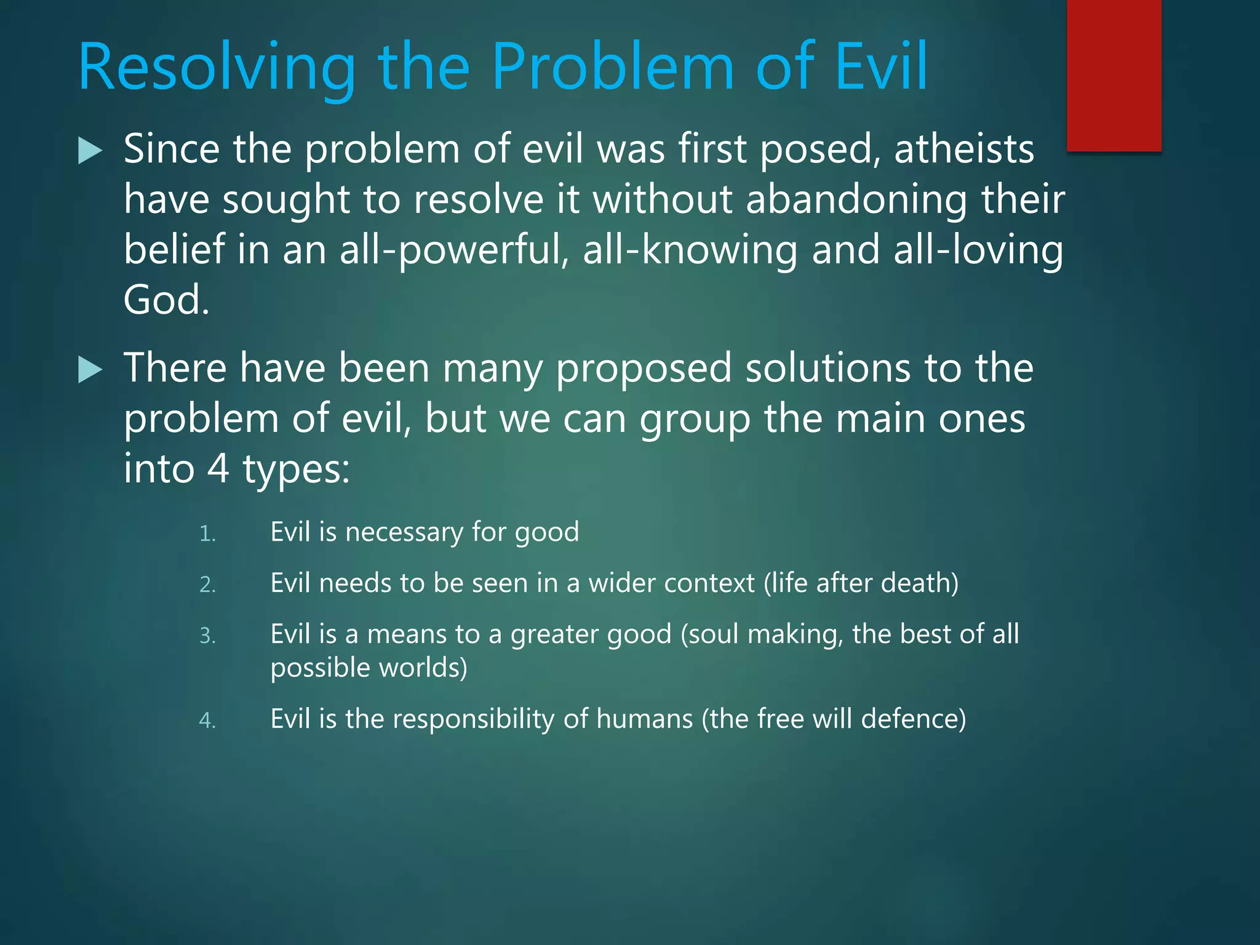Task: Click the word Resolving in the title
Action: pyautogui.click(x=217, y=68)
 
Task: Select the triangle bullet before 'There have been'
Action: pyautogui.click(x=90, y=370)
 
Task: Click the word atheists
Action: pyautogui.click(x=963, y=150)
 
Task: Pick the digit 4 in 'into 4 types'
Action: pyautogui.click(x=218, y=469)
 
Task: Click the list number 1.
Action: pyautogui.click(x=207, y=534)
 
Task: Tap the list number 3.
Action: pyautogui.click(x=207, y=636)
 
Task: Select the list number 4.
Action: pyautogui.click(x=207, y=720)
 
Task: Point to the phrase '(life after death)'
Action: pyautogui.click(x=861, y=583)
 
